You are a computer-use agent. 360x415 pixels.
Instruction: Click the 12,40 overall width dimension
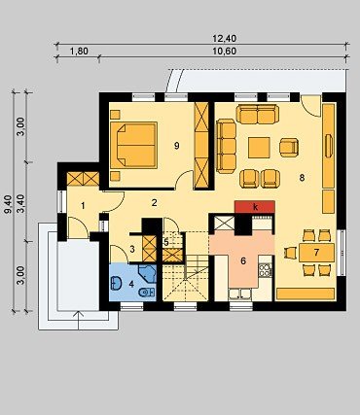225,39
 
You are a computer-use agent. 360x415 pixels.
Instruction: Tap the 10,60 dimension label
225,51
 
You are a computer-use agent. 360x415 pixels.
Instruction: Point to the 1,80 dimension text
79,51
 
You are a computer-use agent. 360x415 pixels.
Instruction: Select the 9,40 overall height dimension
9,204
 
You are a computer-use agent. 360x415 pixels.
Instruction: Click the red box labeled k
255,207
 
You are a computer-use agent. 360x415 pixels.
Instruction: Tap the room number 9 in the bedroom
176,146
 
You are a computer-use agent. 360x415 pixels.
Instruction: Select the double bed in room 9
133,145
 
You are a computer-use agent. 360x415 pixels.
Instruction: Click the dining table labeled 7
316,253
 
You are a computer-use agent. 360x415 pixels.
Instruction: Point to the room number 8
302,178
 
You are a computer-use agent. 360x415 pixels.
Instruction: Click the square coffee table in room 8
259,148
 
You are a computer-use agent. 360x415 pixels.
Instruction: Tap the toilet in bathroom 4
147,293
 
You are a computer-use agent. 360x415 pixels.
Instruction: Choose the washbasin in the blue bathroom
116,283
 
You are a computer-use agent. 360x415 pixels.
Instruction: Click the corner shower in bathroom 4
148,274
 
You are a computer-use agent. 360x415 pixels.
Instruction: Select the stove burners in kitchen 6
265,270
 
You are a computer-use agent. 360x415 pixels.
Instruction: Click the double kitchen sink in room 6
239,294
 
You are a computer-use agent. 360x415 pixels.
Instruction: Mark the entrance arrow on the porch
79,321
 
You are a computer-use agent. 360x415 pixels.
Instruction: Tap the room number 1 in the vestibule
83,205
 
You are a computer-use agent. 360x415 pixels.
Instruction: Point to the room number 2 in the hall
154,203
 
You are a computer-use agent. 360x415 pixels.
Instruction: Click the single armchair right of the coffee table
289,148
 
